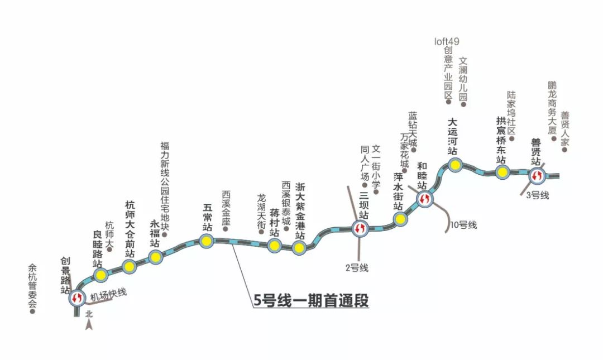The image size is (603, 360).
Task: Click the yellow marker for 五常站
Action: [206, 241]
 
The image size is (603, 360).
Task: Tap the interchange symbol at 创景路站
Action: [77, 297]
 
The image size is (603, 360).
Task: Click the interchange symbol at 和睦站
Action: [424, 198]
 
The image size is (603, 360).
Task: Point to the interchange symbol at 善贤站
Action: [537, 175]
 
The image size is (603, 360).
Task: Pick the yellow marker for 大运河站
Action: [456, 165]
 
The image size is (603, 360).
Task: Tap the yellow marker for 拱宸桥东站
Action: [502, 172]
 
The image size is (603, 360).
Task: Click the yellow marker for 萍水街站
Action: [400, 219]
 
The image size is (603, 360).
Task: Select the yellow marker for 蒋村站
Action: [274, 246]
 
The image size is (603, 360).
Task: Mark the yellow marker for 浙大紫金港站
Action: [300, 248]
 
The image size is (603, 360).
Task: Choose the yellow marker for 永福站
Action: [155, 257]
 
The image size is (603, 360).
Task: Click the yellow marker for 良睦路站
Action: [101, 275]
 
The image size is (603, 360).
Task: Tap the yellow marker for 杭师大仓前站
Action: [130, 267]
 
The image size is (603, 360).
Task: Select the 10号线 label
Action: [463, 225]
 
